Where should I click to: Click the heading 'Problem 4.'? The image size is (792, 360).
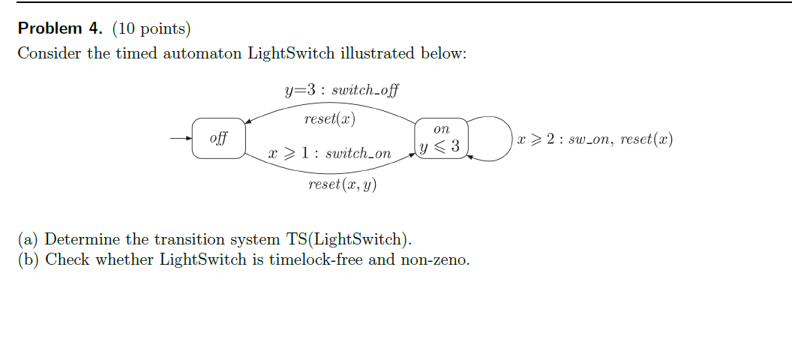(61, 29)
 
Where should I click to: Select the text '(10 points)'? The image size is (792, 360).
(151, 29)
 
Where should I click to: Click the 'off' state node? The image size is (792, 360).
(218, 138)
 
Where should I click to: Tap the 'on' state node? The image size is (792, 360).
(442, 130)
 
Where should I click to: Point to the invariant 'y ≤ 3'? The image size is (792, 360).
(441, 146)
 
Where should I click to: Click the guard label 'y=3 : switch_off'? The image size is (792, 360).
(341, 91)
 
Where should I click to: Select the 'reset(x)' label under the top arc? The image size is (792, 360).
(329, 119)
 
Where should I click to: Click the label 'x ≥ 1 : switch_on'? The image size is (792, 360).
(330, 154)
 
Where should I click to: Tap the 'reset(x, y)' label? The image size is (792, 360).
(342, 184)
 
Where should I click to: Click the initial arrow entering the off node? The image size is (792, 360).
(181, 139)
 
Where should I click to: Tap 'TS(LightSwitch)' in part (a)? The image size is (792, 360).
(349, 240)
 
